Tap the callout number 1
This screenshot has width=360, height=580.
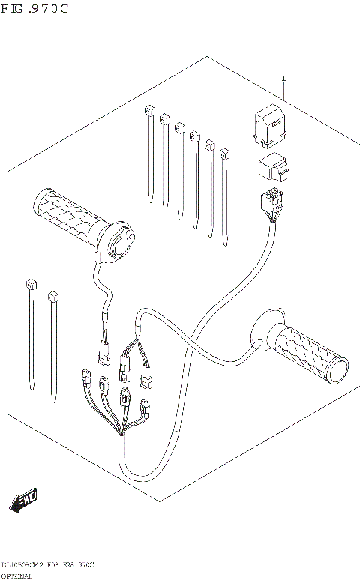click(x=283, y=78)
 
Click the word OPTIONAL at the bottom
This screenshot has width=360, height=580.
click(x=16, y=576)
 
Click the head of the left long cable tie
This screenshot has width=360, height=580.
click(x=31, y=285)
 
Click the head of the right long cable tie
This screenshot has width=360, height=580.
click(x=52, y=297)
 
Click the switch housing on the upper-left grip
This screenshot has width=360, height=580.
click(x=120, y=241)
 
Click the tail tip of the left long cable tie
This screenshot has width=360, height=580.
click(x=32, y=387)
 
